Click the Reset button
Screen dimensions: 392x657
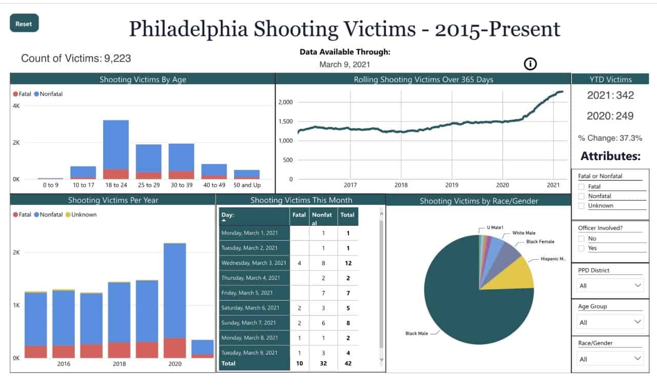(24, 24)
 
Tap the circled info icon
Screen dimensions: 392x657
(530, 64)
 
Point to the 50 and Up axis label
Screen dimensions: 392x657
(246, 185)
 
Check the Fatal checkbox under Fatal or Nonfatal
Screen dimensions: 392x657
(582, 187)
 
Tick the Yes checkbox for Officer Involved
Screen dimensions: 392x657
(582, 248)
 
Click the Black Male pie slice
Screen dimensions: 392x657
(462, 318)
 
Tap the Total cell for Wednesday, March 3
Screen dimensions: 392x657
(347, 263)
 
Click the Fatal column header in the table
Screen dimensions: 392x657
(299, 215)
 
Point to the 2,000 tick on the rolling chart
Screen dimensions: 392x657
(285, 102)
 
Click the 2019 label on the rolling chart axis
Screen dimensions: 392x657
(452, 185)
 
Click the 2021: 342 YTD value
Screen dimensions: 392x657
(610, 95)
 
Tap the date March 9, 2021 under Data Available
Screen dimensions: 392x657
(344, 65)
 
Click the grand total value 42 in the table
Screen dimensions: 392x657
(347, 363)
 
